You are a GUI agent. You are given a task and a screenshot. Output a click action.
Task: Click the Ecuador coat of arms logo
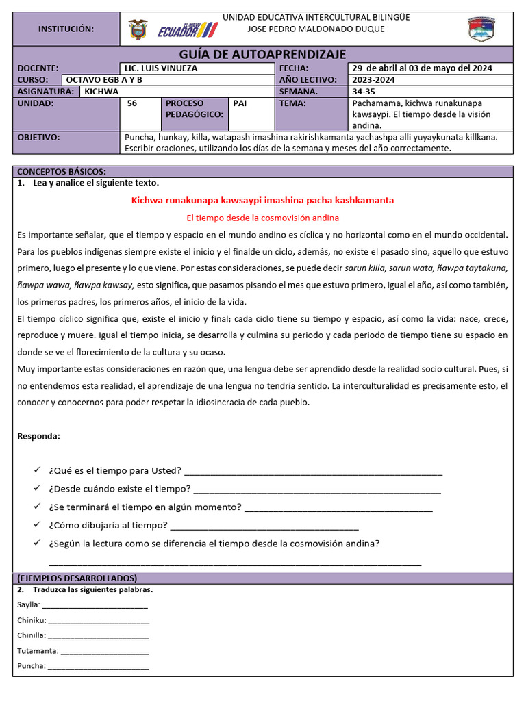pos(138,29)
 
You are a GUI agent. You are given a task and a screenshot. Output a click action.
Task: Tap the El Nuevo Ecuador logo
pos(187,29)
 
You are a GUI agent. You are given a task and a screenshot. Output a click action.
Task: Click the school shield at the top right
pos(481,29)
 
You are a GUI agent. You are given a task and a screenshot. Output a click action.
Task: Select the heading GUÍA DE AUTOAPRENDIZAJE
pos(262,55)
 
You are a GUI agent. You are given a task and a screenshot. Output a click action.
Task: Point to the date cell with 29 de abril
pos(422,68)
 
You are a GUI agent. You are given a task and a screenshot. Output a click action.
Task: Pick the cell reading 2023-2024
pos(375,79)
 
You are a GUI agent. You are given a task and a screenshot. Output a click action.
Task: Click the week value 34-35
pos(364,91)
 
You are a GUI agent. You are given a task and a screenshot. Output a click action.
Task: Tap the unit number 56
pos(132,103)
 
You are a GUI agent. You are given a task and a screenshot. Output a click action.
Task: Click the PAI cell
pos(240,103)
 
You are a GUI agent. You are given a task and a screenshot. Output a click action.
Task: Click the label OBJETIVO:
pos(39,137)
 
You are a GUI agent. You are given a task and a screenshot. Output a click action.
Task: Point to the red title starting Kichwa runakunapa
pos(262,200)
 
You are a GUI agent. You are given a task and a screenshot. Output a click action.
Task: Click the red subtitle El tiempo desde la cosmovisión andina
pos(262,218)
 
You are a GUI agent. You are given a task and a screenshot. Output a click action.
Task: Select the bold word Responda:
pos(38,436)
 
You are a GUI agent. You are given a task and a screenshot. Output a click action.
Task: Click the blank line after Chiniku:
pos(99,621)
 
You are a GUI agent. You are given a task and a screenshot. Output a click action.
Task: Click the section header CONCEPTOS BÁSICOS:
pos(62,171)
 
